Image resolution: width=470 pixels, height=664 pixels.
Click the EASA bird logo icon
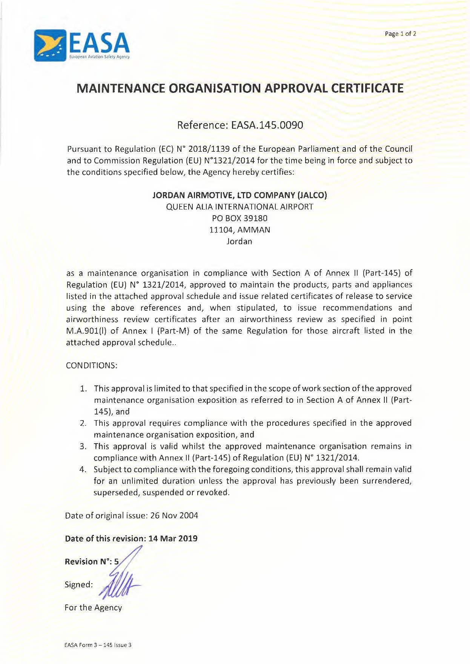click(51, 45)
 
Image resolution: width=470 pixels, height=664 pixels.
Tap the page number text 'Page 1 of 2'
click(400, 34)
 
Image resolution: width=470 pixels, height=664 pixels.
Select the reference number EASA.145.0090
click(267, 125)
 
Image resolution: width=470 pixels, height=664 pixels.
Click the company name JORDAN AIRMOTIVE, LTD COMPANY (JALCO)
click(240, 195)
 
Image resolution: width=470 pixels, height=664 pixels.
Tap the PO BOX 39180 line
click(240, 218)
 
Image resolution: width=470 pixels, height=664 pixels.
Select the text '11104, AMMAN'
click(240, 230)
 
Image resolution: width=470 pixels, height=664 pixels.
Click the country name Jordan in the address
click(239, 242)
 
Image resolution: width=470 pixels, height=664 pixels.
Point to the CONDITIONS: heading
click(92, 365)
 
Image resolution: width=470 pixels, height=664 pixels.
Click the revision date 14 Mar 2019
click(173, 539)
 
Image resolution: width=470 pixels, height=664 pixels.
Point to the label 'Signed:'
click(78, 585)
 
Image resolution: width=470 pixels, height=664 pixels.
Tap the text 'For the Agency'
click(93, 608)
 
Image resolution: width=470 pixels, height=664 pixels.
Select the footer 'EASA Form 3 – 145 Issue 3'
click(98, 645)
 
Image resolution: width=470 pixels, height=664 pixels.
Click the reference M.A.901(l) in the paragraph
click(87, 331)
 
